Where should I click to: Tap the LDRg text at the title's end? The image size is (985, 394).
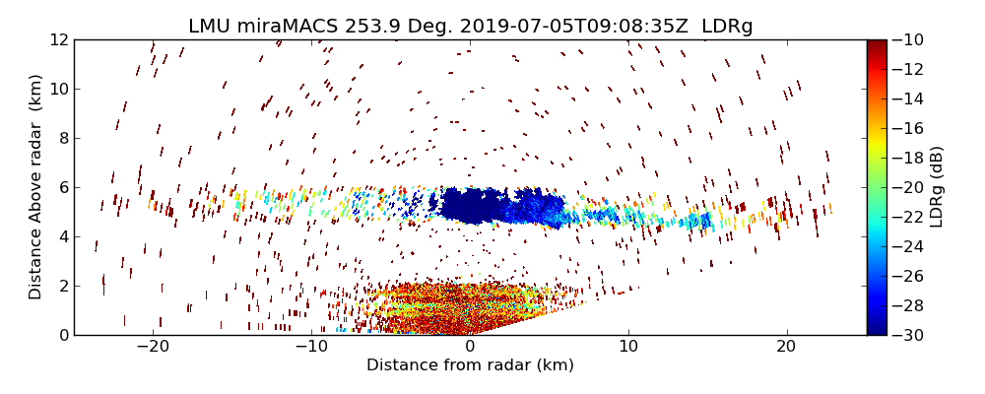coord(727,27)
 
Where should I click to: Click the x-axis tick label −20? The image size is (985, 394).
coord(153,347)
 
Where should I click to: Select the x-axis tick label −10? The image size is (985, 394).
coord(311,347)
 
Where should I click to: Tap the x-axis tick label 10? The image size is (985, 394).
coord(628,347)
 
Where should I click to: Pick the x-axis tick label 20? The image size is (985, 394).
coord(786,347)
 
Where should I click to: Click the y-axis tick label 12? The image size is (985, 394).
coord(57,39)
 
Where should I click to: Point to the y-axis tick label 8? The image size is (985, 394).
coord(62,138)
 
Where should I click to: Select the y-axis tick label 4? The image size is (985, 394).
coord(62,236)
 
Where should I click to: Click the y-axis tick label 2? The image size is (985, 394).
coord(62,286)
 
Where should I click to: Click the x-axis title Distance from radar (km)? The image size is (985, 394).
coord(470,365)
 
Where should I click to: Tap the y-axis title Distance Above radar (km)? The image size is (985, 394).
coord(36,186)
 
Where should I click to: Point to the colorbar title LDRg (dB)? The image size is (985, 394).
coord(937,186)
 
